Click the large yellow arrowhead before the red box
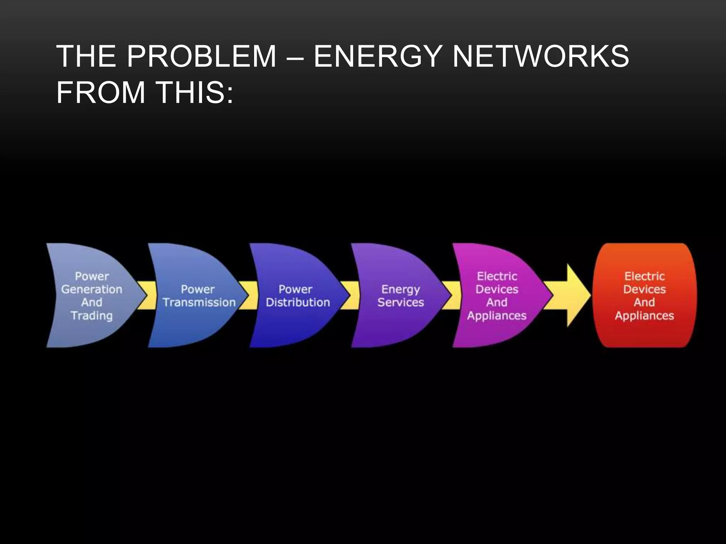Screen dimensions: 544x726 (x=576, y=295)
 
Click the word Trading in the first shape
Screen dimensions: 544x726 (x=91, y=316)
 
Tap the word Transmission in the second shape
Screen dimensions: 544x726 (x=199, y=302)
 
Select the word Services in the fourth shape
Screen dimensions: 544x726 (x=401, y=302)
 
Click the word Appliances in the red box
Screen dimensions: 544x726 (x=644, y=316)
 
